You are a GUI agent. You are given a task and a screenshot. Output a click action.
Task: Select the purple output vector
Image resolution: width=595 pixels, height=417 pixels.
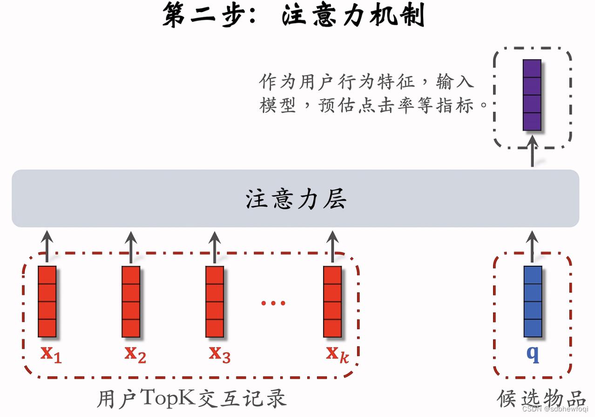(x=532, y=94)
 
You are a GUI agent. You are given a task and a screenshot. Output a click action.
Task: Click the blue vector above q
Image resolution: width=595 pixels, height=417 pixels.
(x=533, y=302)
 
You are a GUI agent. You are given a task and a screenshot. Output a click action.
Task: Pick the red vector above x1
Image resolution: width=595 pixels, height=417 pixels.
(x=47, y=302)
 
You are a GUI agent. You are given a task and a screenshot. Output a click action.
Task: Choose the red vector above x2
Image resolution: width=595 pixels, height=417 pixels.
(x=131, y=302)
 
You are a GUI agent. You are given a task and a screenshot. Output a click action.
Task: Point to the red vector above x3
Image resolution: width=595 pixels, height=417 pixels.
(x=215, y=302)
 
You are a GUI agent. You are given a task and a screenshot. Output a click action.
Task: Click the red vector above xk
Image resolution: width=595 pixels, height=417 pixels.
(x=332, y=302)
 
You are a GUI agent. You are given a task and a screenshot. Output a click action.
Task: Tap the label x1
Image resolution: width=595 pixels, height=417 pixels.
(x=51, y=354)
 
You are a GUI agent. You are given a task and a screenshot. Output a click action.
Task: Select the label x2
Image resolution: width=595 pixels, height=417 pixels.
(x=135, y=354)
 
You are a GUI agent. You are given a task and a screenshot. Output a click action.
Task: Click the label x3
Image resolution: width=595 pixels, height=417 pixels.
(x=219, y=354)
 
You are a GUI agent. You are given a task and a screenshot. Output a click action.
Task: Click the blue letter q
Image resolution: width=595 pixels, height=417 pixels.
(x=533, y=354)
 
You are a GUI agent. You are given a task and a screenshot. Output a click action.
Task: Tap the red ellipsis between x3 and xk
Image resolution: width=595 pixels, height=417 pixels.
(x=273, y=303)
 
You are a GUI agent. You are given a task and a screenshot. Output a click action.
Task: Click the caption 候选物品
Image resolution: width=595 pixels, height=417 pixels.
(x=541, y=398)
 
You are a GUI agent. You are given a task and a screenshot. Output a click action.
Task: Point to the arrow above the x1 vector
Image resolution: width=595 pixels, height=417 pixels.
(x=47, y=244)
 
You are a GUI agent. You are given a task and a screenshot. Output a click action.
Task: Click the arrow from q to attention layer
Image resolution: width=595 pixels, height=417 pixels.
(x=533, y=244)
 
